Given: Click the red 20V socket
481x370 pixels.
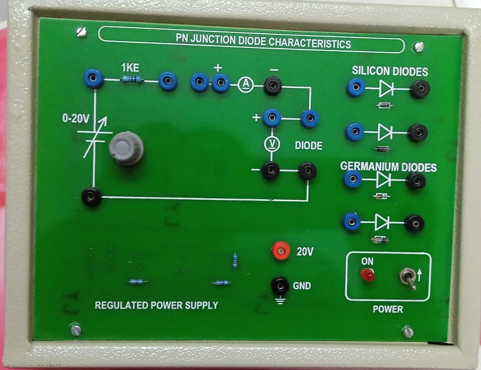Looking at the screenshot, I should [x=280, y=252].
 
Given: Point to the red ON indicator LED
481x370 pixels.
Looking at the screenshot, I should [x=368, y=276].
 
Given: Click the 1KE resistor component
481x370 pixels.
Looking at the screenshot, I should [x=132, y=80].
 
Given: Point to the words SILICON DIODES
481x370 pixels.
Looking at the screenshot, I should [x=390, y=71].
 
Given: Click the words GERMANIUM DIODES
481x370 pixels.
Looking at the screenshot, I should [x=388, y=167].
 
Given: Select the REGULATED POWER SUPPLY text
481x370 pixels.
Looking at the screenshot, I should [x=156, y=305].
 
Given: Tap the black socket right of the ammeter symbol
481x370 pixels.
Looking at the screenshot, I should [x=273, y=87].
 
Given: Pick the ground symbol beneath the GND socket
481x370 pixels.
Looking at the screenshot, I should [x=280, y=301].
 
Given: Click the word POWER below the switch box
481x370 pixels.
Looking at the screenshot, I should [x=387, y=309].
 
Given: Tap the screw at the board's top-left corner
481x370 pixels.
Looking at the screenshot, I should [x=81, y=32].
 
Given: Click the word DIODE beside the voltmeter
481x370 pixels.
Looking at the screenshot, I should [x=308, y=146].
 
